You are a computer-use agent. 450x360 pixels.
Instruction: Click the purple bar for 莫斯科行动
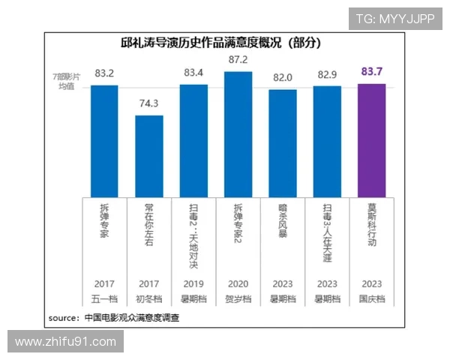[372, 139]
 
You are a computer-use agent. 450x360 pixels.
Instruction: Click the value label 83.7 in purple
[372, 72]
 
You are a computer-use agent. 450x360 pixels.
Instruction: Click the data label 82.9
[327, 75]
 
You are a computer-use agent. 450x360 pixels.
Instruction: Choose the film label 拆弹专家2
[238, 228]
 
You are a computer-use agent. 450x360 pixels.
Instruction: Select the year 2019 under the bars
[193, 284]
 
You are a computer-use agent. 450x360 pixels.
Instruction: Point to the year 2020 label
[238, 284]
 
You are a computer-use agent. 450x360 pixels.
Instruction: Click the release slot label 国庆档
[372, 298]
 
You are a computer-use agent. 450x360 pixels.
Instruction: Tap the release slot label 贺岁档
[238, 298]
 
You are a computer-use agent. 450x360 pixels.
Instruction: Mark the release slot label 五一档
[105, 298]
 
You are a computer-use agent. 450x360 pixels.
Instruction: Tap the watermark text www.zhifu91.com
[66, 342]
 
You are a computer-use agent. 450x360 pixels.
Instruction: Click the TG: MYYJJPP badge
[394, 19]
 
